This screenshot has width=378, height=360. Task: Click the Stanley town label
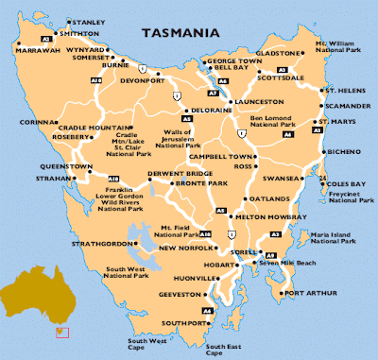[88, 21]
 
